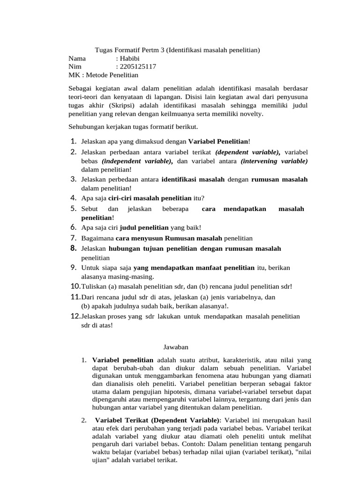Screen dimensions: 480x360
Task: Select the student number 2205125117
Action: (139, 67)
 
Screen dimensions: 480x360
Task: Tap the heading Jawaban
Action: (175, 347)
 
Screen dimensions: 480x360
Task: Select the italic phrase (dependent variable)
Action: (247, 152)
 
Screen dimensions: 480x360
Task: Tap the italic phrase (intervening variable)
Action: (274, 161)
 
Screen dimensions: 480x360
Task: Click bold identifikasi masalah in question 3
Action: (193, 179)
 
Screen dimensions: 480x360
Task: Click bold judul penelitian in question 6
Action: (144, 227)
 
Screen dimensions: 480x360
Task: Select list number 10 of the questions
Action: (75, 286)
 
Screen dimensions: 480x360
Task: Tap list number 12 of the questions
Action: (75, 316)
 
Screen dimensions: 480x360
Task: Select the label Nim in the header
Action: (75, 67)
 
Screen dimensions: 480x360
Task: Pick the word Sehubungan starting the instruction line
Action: (87, 127)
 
